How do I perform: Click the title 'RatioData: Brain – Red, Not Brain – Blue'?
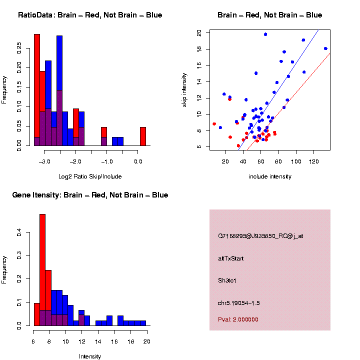point(90,15)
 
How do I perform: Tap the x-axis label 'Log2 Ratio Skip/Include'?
point(90,176)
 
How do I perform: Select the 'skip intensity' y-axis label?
point(184,89)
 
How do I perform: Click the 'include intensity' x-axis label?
point(270,176)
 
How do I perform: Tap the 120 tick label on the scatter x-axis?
point(314,161)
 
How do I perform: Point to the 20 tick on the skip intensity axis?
point(199,33)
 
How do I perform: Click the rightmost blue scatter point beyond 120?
point(325,48)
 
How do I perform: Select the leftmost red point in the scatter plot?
point(214,124)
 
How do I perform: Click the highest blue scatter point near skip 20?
point(265,34)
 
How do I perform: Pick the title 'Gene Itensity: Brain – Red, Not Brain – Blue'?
point(90,195)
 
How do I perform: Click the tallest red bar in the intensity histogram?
point(42,270)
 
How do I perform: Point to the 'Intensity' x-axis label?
point(90,356)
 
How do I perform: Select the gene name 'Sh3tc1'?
point(227,280)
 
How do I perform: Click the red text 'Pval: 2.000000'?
point(238,319)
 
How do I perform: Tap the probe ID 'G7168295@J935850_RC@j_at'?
point(260,236)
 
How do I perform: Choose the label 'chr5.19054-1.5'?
point(239,303)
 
